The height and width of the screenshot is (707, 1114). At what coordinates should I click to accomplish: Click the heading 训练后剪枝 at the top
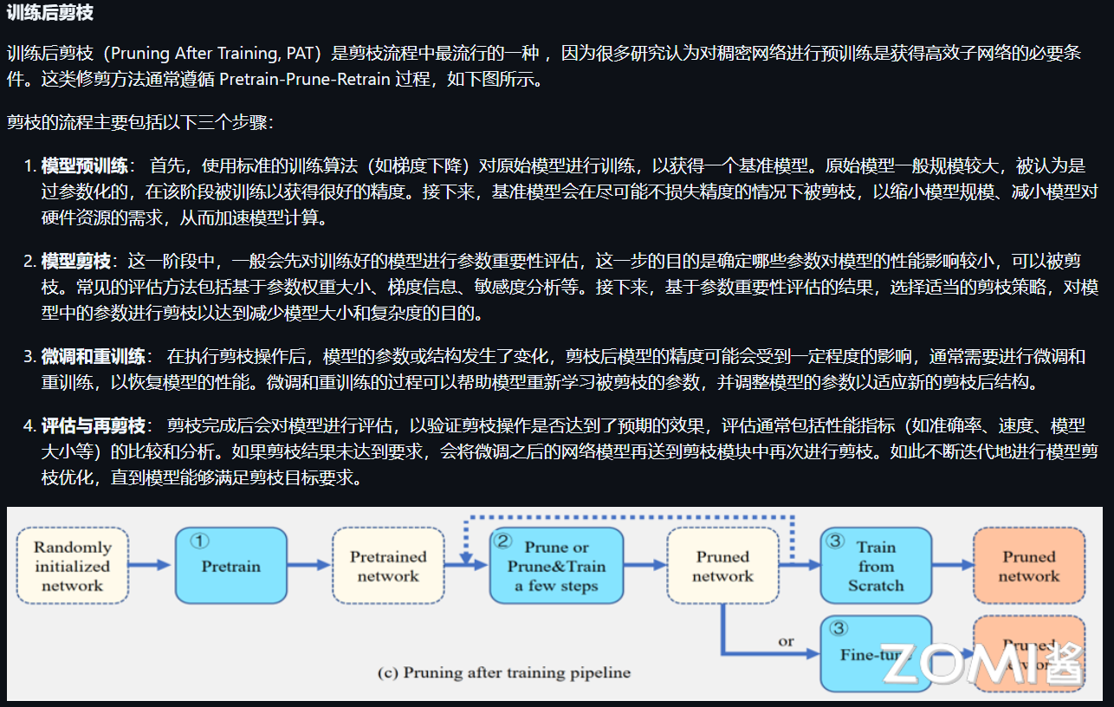pos(49,13)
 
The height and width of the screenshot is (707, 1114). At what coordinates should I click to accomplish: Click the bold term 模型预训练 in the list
pos(84,165)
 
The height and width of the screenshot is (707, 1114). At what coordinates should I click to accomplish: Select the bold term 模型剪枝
pos(75,260)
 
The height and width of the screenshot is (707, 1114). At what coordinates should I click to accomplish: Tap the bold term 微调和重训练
pos(93,355)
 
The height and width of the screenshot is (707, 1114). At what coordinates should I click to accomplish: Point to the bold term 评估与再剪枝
pos(93,425)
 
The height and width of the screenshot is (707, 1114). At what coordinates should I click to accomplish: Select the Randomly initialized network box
pos(72,566)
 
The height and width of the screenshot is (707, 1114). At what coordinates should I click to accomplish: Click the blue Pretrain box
pos(230,566)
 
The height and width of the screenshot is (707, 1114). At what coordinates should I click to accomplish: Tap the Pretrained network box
pos(388,566)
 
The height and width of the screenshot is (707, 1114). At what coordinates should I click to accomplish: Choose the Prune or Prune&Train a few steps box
pos(556,566)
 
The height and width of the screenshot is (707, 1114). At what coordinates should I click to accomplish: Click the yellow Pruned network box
pos(722,566)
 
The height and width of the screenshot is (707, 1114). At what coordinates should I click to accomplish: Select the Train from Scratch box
pos(876,566)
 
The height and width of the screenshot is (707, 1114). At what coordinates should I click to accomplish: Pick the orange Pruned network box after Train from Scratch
pos(1028,566)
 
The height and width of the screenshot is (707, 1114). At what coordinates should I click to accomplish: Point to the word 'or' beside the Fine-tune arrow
pos(786,642)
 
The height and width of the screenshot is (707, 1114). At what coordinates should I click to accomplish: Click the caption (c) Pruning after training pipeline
pos(505,672)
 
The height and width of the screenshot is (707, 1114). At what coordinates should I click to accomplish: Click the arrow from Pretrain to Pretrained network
pos(309,566)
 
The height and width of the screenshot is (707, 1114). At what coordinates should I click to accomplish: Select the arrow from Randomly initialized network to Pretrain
pos(152,566)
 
